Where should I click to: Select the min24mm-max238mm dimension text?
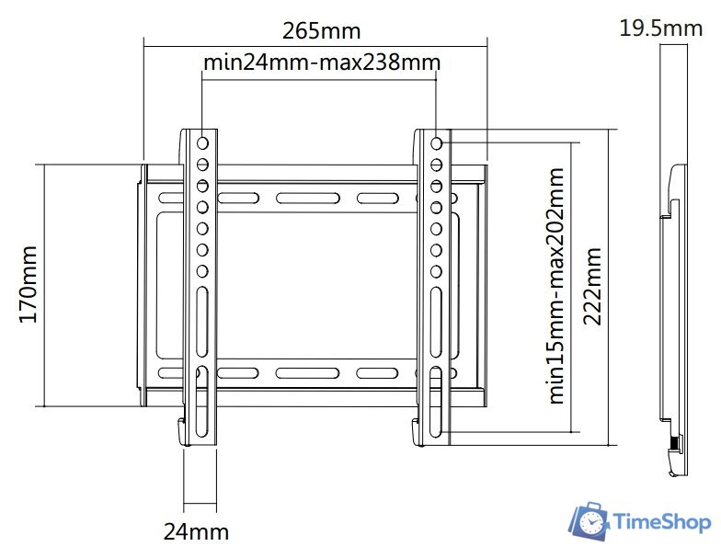pyautogui.click(x=321, y=63)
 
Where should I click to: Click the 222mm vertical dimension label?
pyautogui.click(x=594, y=285)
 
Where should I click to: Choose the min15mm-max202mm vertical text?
pyautogui.click(x=557, y=285)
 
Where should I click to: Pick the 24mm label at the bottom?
pyautogui.click(x=196, y=531)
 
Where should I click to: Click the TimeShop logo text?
pyautogui.click(x=662, y=522)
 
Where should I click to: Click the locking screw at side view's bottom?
pyautogui.click(x=676, y=445)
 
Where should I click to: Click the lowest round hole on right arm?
pyautogui.click(x=436, y=271)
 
